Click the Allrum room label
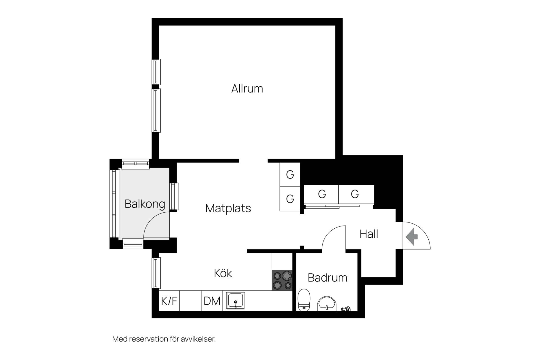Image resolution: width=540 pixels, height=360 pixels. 247,89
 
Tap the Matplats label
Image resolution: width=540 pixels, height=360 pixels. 228,208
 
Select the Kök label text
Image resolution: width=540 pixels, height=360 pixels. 223,273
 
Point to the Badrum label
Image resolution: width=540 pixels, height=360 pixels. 327,278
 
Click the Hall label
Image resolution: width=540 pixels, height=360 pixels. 369,234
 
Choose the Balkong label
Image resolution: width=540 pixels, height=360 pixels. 145,204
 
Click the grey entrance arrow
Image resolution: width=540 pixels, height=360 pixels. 411,237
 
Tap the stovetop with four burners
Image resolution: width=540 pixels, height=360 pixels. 282,280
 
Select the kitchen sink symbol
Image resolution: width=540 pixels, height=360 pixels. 236,301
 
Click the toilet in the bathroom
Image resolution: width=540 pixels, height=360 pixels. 304,300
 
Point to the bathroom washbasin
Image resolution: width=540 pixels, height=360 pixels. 327,304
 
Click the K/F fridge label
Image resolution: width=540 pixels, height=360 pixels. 169,301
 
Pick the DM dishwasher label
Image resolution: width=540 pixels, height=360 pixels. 212,301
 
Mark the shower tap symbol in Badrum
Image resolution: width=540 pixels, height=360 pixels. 346,309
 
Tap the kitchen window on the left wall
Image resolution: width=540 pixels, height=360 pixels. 156,273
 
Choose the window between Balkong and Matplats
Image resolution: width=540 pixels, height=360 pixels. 174,196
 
